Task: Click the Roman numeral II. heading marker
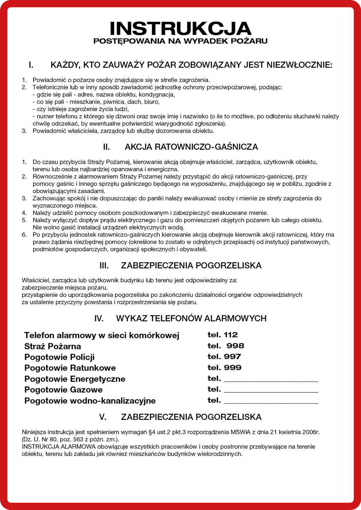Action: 106,147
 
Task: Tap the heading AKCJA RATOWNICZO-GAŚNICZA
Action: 191,147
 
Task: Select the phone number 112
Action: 231,335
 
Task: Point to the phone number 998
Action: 235,346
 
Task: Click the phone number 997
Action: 232,356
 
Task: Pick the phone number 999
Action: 233,367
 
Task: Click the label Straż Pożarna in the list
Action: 53,346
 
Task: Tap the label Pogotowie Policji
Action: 59,357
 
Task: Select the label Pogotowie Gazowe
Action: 64,390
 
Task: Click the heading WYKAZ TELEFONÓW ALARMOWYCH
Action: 191,318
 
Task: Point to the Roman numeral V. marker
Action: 103,417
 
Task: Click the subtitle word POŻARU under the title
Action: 249,41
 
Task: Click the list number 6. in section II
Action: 24,235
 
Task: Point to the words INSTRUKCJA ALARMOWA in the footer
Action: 59,447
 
